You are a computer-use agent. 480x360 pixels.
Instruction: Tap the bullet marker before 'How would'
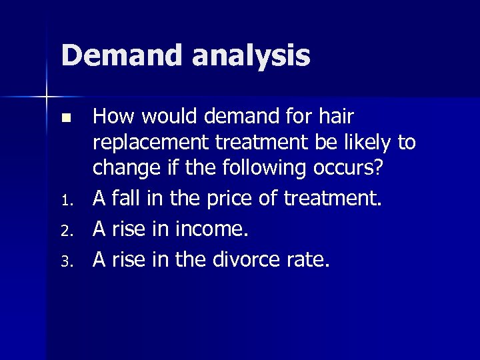click(65, 119)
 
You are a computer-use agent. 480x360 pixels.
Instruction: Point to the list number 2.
click(65, 232)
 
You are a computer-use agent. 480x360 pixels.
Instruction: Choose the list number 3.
click(65, 262)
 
